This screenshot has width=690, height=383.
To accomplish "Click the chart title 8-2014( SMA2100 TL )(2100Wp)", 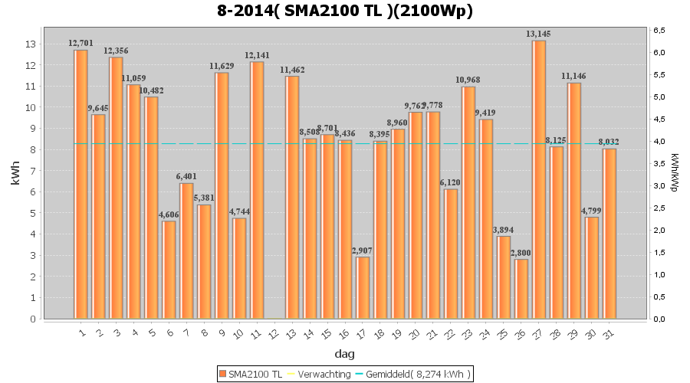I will click(345, 11).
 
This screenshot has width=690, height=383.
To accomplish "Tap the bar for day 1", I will click(80, 184).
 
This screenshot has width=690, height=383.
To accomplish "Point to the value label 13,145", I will click(539, 34).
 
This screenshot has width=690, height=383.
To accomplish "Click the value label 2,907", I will click(363, 250).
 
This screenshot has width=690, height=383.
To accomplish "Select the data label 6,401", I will click(186, 177).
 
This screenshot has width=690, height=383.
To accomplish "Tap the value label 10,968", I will click(468, 80).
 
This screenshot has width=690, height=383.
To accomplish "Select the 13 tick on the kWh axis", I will click(31, 44).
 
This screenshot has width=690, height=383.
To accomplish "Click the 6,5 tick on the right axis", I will click(659, 30).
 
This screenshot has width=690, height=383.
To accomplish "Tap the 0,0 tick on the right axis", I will click(659, 319).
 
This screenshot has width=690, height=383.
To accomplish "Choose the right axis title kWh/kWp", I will click(675, 173).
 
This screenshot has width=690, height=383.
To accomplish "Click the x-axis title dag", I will click(344, 354).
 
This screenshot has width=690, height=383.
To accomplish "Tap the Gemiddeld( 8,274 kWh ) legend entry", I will click(414, 374).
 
